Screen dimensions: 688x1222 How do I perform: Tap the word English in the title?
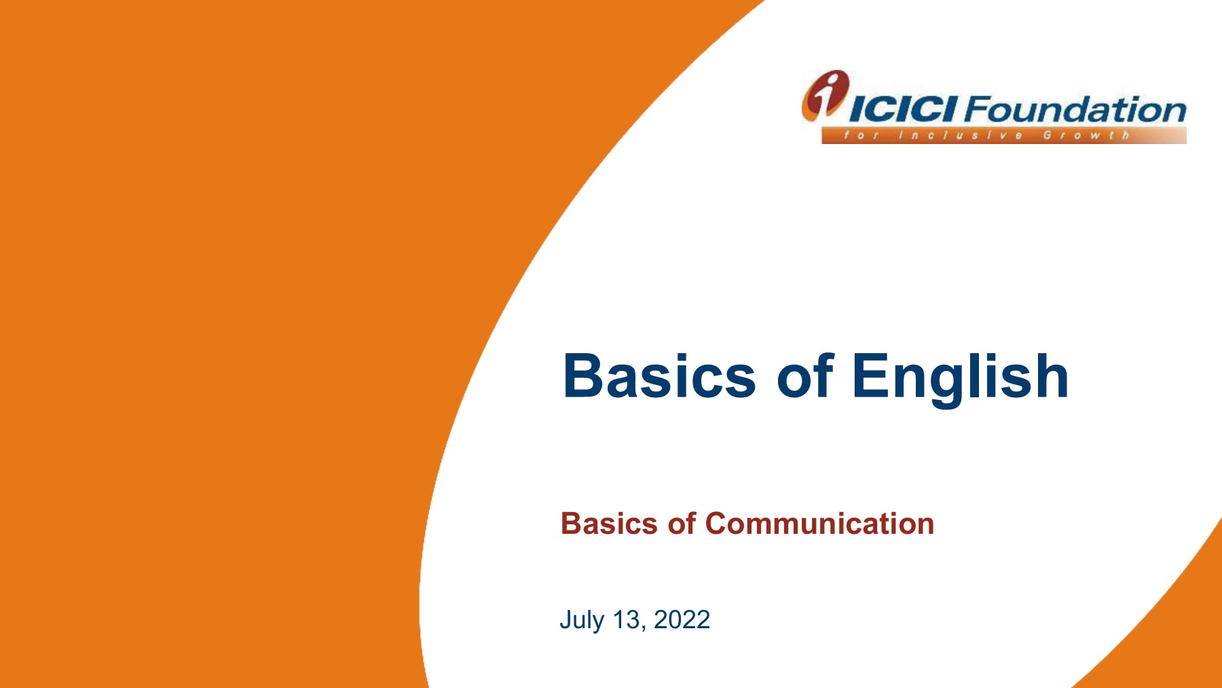(x=960, y=378)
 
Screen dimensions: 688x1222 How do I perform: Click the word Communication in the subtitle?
(x=819, y=524)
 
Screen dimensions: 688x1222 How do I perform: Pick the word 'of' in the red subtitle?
(x=682, y=523)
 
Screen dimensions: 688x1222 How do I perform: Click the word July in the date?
(x=581, y=620)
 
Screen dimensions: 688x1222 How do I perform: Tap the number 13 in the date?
(x=626, y=619)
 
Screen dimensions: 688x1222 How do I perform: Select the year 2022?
(x=682, y=619)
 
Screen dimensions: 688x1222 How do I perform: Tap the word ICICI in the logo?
(x=904, y=109)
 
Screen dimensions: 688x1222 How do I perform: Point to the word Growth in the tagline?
(x=1086, y=135)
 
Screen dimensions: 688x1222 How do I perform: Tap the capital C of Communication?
(x=718, y=524)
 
